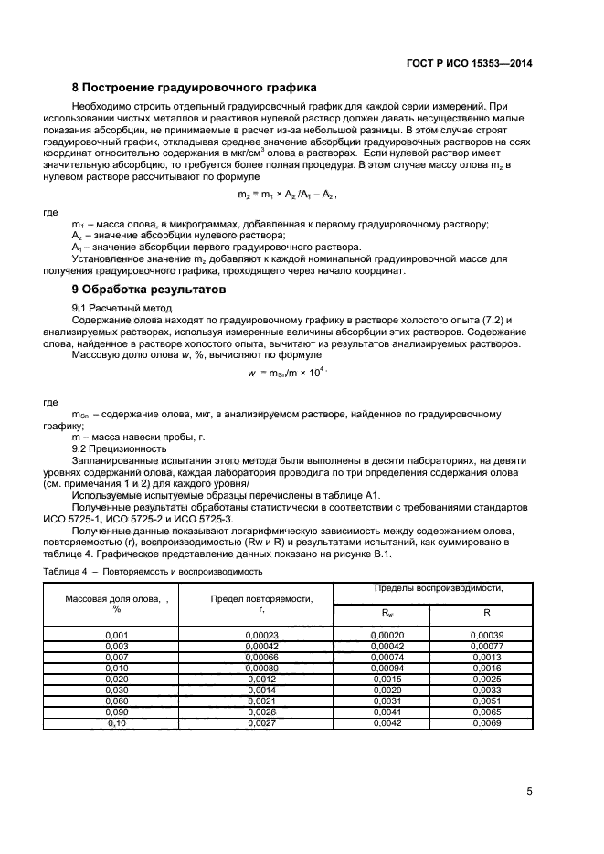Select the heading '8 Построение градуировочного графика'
(194, 89)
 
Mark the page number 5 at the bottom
(530, 791)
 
